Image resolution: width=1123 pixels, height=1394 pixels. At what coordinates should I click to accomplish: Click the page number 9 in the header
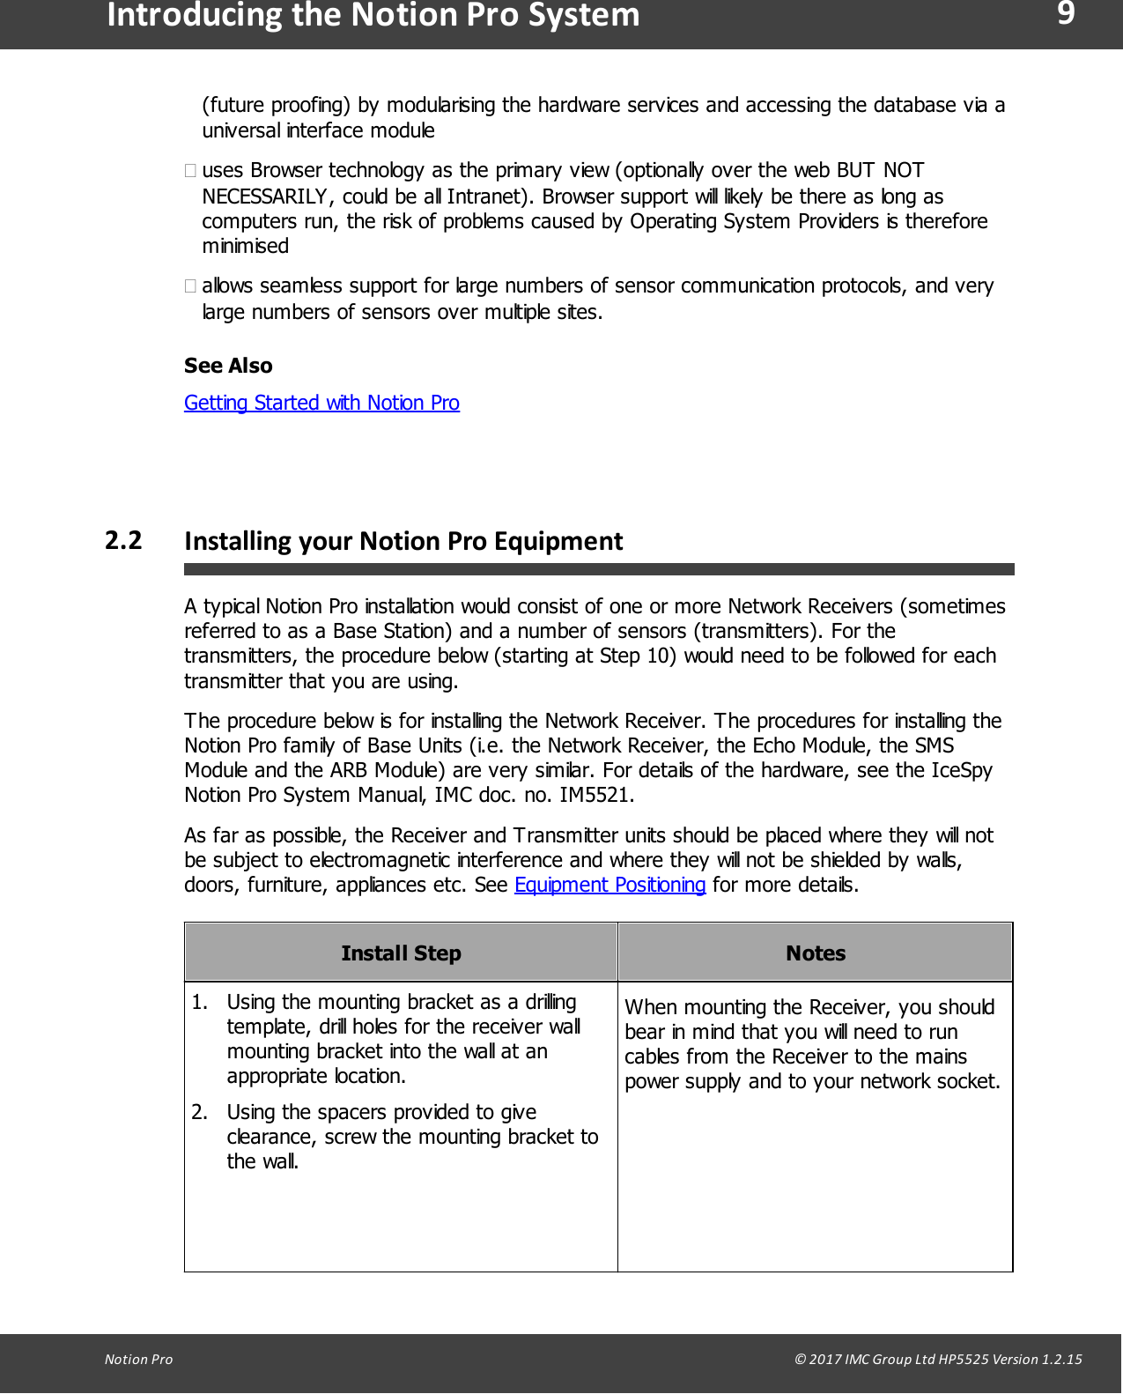(1065, 13)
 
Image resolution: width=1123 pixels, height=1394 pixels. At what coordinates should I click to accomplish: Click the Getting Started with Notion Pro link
(321, 403)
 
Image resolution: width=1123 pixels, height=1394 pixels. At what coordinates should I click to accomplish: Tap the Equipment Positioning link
(610, 885)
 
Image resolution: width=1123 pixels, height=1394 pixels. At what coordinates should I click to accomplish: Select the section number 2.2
(123, 540)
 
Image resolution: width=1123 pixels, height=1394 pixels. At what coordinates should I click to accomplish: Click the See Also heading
(228, 366)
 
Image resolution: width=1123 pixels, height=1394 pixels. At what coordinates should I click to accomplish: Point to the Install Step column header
(401, 953)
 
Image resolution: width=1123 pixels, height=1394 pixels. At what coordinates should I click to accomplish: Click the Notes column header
(815, 953)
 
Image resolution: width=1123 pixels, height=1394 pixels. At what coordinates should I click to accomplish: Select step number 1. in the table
(200, 1002)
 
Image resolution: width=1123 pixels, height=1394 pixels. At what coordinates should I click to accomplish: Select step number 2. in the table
(200, 1112)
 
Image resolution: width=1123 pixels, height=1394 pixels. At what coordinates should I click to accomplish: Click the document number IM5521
(595, 795)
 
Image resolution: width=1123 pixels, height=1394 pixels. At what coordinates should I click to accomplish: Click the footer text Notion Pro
(138, 1359)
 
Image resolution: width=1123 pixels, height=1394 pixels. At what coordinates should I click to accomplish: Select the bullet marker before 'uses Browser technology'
(190, 170)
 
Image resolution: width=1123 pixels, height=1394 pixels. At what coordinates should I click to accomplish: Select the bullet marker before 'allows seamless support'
(190, 285)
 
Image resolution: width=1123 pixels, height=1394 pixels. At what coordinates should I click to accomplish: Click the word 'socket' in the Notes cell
(969, 1081)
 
